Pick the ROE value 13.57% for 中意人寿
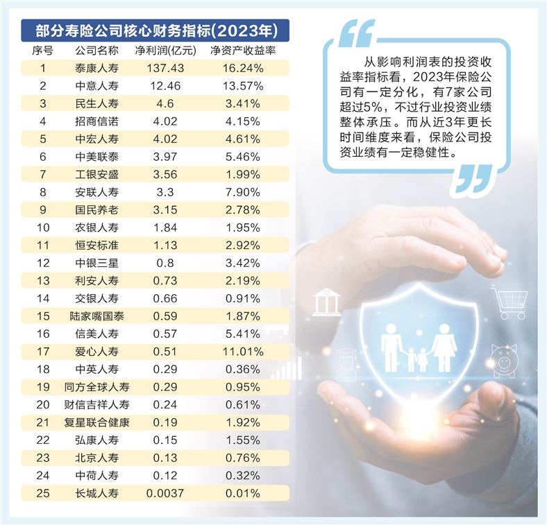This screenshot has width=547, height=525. (242, 86)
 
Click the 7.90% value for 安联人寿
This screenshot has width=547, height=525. (242, 192)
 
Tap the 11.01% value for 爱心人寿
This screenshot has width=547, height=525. (242, 352)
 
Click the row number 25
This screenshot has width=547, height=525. (43, 494)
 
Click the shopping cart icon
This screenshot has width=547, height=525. (510, 303)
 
